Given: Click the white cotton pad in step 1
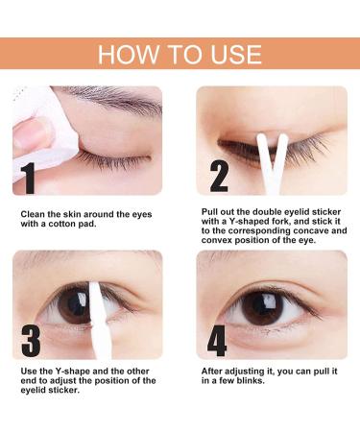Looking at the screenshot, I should tap(38, 130).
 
